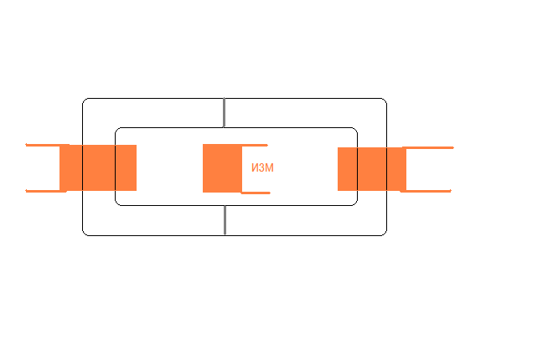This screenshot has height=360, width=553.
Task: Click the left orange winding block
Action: tap(98, 167)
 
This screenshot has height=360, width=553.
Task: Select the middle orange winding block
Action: tap(222, 168)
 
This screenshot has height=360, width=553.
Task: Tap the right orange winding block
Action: tap(372, 168)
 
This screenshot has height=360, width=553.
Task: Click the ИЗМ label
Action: tap(262, 168)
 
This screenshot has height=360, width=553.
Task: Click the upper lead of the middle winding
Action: tap(255, 145)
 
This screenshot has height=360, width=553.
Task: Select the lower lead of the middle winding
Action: tap(256, 193)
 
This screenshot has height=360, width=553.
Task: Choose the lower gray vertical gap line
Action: tap(225, 220)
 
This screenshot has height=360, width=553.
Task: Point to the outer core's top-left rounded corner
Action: tap(85, 101)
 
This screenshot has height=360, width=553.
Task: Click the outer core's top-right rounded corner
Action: tap(384, 101)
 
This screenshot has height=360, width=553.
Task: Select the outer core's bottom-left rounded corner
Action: tap(85, 232)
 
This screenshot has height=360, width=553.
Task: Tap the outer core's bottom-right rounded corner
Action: tap(384, 232)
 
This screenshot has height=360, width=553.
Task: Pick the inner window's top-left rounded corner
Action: tap(118, 131)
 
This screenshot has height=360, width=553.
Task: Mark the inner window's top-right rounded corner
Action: tap(354, 131)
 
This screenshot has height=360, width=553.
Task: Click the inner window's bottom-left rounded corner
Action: tap(118, 203)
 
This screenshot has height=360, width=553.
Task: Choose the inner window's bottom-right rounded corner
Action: tap(354, 203)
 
